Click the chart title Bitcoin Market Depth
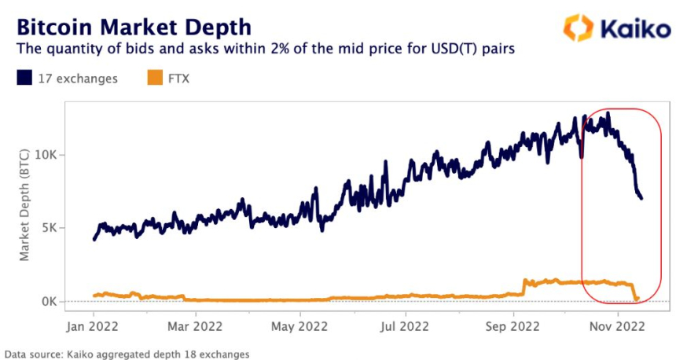[134, 26]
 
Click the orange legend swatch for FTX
[154, 78]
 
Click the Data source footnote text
[127, 354]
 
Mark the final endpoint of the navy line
[641, 197]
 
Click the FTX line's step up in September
[524, 286]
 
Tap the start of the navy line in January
[94, 239]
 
